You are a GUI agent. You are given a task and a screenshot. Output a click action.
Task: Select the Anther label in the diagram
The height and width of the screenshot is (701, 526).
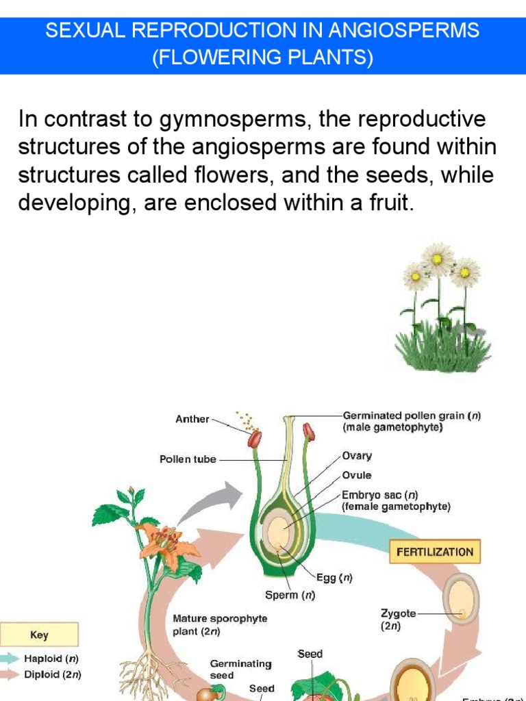click(192, 419)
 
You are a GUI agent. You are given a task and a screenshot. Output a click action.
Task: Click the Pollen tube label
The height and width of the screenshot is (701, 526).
click(188, 459)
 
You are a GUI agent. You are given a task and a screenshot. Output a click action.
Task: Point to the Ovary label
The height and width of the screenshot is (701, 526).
click(357, 455)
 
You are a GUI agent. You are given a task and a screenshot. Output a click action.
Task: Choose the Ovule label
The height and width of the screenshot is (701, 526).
click(357, 475)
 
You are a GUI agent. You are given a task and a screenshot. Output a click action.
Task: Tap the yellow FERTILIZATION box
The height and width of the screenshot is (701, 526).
click(431, 552)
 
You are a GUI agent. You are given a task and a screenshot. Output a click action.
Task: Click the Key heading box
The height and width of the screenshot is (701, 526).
click(40, 635)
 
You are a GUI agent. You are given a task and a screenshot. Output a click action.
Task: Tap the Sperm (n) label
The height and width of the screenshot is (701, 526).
click(290, 595)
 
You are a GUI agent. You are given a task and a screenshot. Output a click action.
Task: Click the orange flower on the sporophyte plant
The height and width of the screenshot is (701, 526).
click(162, 541)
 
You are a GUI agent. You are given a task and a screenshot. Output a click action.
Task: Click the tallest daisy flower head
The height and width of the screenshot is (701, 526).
click(437, 259)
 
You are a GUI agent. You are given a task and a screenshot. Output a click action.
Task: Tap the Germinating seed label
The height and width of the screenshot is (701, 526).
click(240, 669)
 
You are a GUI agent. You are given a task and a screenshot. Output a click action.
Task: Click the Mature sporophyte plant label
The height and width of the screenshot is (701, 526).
click(220, 624)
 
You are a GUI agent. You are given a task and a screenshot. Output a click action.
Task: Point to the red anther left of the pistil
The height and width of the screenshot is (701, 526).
click(255, 438)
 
